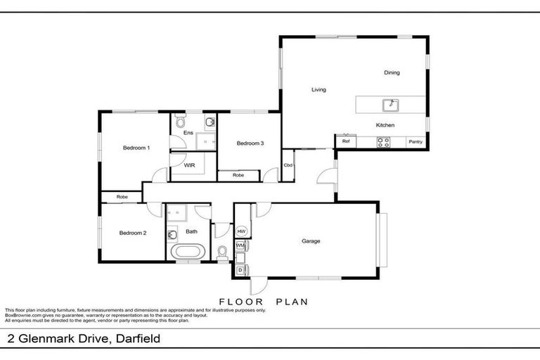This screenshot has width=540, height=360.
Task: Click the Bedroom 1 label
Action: (136, 148)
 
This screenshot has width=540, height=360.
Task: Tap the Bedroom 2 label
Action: (132, 233)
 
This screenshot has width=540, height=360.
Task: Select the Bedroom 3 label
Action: (250, 143)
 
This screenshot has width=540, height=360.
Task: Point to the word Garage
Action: (311, 241)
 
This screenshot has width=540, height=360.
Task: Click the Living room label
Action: (319, 89)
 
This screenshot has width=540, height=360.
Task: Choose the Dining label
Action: (392, 72)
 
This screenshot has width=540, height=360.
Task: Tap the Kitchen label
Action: (385, 125)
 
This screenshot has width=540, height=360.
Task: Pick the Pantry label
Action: (416, 142)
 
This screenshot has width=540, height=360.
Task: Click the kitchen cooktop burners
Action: (384, 142)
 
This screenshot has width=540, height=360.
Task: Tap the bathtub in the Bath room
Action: (188, 251)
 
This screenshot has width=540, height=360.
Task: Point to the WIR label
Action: (189, 166)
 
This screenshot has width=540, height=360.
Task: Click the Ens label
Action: (188, 133)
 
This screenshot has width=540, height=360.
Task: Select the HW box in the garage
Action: (241, 231)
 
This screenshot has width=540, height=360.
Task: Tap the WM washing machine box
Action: (240, 245)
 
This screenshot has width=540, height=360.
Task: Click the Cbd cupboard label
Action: (288, 165)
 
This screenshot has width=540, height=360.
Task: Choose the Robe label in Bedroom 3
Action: (238, 174)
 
